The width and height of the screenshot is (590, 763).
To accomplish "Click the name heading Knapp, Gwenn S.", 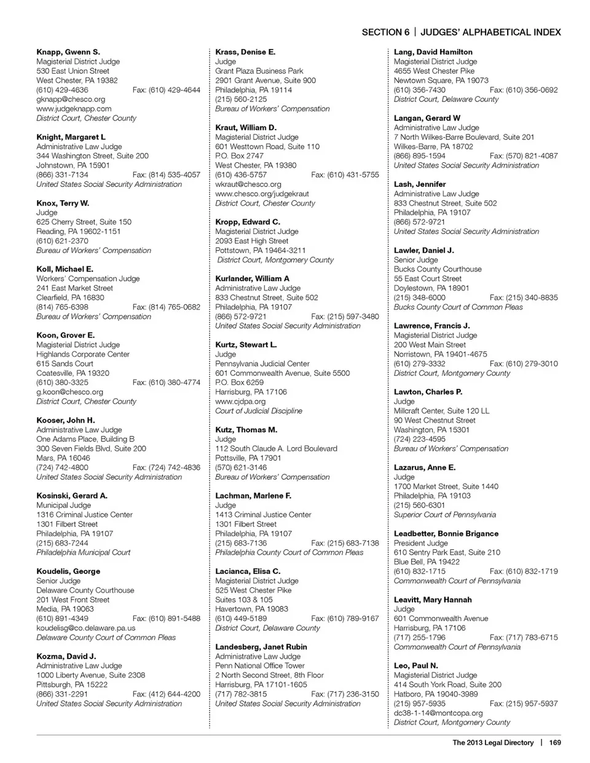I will click(68, 52).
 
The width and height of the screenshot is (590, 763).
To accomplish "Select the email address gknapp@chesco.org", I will click(71, 99).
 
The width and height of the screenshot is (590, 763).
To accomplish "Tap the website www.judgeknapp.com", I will click(74, 109).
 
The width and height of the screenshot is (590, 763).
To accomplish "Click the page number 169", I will click(555, 743).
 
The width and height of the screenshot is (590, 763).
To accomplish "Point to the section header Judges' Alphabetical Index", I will click(490, 32).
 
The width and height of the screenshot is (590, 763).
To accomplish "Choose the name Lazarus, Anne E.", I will click(425, 468).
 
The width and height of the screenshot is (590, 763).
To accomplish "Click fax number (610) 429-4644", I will click(167, 90).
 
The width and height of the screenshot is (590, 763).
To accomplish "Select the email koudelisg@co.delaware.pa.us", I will click(85, 628).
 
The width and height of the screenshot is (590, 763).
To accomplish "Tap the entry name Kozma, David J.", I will click(66, 656).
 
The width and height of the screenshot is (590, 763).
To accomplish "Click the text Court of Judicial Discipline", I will click(259, 411).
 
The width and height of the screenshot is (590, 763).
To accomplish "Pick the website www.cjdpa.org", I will click(240, 401).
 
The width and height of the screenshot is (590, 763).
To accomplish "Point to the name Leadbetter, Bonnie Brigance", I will click(446, 534).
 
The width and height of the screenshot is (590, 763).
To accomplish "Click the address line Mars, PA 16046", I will click(63, 458).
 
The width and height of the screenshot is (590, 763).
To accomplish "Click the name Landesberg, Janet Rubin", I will click(261, 647).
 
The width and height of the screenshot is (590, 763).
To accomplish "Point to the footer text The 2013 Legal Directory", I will click(493, 743).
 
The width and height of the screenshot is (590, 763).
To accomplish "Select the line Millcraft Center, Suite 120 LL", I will click(442, 411).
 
